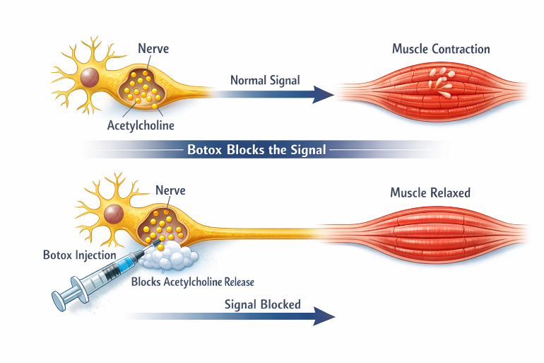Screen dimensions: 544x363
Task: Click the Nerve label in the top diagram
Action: (x=153, y=48)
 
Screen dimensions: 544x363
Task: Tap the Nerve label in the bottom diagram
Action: (x=170, y=190)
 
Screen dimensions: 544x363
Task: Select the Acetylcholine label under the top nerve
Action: (x=141, y=125)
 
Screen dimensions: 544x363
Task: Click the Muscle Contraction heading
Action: (x=441, y=49)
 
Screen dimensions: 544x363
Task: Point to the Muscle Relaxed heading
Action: (x=430, y=192)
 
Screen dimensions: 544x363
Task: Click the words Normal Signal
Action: (x=265, y=80)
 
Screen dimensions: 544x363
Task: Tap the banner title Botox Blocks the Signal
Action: (x=256, y=150)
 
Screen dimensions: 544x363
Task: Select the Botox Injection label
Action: (x=79, y=255)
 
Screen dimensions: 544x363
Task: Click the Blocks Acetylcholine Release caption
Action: (x=193, y=282)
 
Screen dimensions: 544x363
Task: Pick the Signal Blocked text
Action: (x=263, y=304)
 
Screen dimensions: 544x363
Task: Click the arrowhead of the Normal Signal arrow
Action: (x=324, y=95)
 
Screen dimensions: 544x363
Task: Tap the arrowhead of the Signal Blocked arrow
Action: (x=324, y=316)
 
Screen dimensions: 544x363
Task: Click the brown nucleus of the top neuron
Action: (x=90, y=77)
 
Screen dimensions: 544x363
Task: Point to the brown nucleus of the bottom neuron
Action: (x=114, y=214)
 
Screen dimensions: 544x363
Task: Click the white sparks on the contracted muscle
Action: (x=441, y=82)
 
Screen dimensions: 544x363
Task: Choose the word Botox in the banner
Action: (x=204, y=150)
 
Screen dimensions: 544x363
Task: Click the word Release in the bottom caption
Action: (x=239, y=282)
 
